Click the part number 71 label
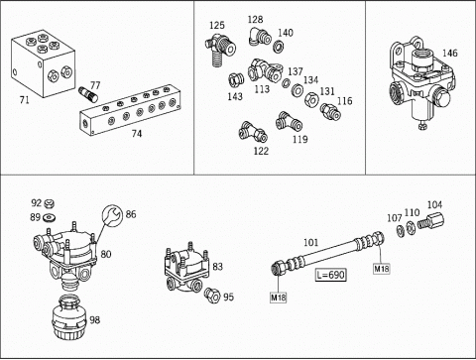(25, 100)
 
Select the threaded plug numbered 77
(88, 94)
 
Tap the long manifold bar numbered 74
(131, 110)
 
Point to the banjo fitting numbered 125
(220, 50)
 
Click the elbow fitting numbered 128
(260, 37)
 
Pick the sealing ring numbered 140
(279, 46)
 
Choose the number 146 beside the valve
(450, 54)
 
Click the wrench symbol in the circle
(112, 215)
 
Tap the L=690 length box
(331, 275)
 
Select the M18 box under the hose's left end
(279, 298)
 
